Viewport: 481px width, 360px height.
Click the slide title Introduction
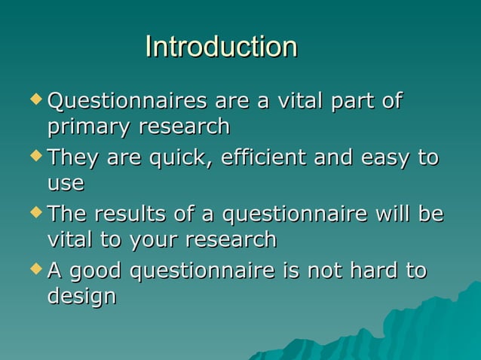(x=221, y=47)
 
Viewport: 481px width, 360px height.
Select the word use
(x=66, y=183)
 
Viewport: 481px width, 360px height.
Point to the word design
(x=81, y=297)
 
